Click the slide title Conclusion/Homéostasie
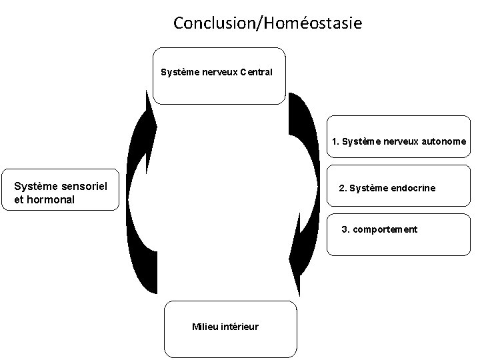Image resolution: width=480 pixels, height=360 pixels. coord(268,23)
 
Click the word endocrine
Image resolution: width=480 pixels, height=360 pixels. coord(413,188)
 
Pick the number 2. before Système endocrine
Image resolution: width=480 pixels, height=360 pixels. coord(343,188)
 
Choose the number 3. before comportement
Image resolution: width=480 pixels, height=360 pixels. coord(345,229)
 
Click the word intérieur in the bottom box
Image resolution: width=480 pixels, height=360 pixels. coord(240,327)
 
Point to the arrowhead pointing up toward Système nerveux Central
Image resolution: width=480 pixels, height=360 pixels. coord(151,117)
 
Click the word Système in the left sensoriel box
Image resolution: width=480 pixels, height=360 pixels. coord(34,186)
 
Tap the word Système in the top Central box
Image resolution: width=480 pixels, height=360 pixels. coord(180,72)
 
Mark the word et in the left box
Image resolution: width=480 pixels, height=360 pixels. coord(19,199)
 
